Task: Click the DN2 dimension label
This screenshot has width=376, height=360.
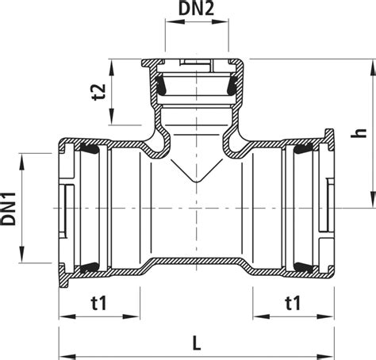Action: pyautogui.click(x=196, y=9)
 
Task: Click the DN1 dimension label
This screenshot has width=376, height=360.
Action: pyautogui.click(x=9, y=209)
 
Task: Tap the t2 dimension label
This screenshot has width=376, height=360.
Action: pyautogui.click(x=99, y=92)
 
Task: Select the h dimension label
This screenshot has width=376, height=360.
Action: pyautogui.click(x=359, y=133)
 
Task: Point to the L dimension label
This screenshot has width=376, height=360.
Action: pyautogui.click(x=197, y=343)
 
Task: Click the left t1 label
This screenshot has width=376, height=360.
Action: pyautogui.click(x=99, y=303)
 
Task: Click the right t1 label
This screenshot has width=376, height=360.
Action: pyautogui.click(x=294, y=303)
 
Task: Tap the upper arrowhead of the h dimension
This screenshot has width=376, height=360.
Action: pyautogui.click(x=373, y=67)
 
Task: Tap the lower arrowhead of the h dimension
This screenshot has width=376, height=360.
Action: pyautogui.click(x=373, y=200)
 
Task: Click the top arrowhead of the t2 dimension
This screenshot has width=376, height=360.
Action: pyautogui.click(x=112, y=67)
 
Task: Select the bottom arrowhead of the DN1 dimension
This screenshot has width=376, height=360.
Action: pyautogui.click(x=21, y=255)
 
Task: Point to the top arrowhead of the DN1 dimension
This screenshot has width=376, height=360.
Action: pyautogui.click(x=21, y=161)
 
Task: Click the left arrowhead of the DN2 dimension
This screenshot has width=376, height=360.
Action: pyautogui.click(x=174, y=21)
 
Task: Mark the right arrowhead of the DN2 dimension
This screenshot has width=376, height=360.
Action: pyautogui.click(x=220, y=21)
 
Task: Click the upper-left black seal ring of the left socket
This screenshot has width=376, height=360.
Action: pyautogui.click(x=89, y=149)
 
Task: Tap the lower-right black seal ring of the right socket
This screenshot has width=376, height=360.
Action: pyautogui.click(x=304, y=268)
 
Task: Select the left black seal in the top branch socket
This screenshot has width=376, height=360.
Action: pyautogui.click(x=160, y=86)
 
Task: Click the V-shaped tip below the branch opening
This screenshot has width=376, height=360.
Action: pyautogui.click(x=196, y=182)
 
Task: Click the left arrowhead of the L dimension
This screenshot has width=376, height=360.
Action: pyautogui.click(x=67, y=356)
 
